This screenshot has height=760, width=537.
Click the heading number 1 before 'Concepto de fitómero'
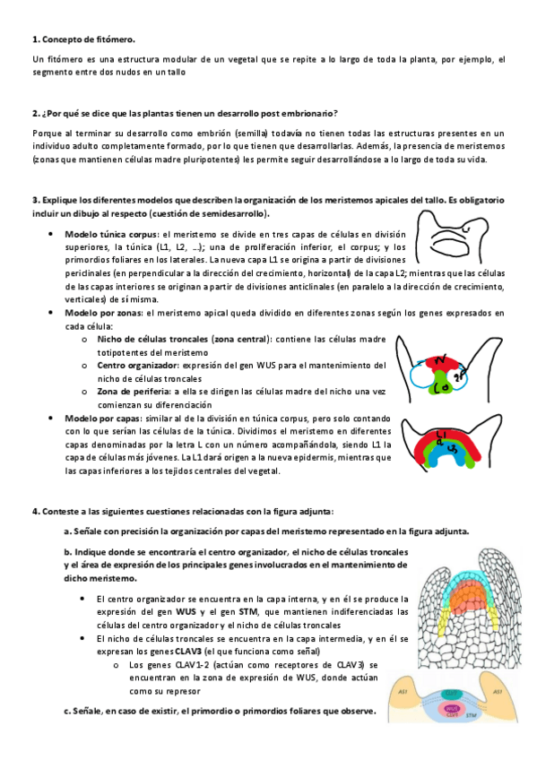click(34, 39)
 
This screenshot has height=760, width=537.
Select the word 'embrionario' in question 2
click(308, 114)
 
